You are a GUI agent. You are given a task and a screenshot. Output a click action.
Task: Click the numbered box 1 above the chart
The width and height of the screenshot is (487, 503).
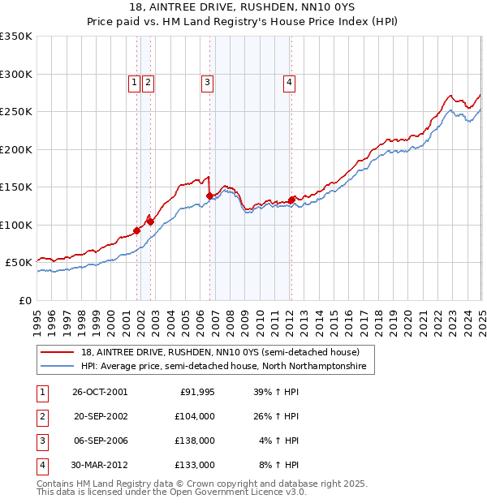click(133, 81)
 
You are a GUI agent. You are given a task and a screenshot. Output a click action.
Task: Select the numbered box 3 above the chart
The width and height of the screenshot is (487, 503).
click(207, 81)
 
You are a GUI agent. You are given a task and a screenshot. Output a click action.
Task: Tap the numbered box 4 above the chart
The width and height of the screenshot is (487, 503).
click(289, 81)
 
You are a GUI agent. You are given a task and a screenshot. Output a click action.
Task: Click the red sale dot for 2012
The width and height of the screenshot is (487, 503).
click(291, 200)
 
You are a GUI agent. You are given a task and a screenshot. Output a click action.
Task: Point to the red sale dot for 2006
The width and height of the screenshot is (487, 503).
click(209, 196)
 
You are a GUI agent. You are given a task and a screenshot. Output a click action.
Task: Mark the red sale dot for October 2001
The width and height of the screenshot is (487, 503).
click(137, 230)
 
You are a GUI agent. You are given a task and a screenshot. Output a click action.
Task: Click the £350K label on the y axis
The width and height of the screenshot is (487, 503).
click(16, 37)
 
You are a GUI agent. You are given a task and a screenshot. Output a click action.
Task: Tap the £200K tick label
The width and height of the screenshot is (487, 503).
click(16, 149)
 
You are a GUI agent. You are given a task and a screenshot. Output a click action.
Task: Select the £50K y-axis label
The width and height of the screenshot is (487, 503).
click(19, 263)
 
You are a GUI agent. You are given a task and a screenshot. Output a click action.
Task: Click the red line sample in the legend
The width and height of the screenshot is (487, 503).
click(58, 352)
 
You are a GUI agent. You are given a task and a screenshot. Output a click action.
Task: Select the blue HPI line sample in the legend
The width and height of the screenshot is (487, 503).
click(58, 367)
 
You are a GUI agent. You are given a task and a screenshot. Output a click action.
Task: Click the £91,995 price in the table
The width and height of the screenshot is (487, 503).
click(197, 392)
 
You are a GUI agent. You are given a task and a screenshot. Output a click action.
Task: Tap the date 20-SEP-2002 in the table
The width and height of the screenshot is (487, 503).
click(101, 416)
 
